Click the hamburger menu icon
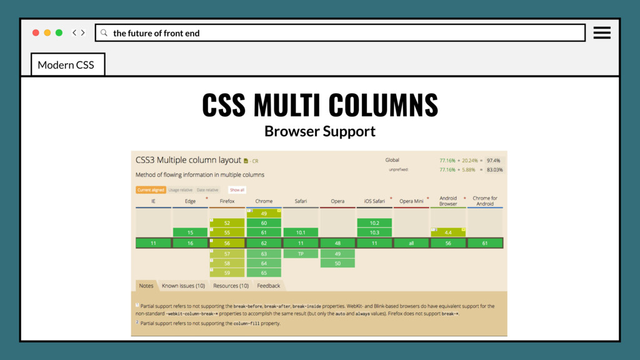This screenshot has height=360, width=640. [x=602, y=33]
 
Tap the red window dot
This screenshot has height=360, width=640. [x=36, y=32]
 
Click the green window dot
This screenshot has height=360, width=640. [x=59, y=32]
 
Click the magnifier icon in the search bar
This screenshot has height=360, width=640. [x=104, y=32]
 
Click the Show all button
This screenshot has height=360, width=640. [x=237, y=189]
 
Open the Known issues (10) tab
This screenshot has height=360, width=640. [x=183, y=286]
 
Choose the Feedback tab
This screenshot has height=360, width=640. [x=268, y=286]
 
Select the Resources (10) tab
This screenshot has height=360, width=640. [x=231, y=286]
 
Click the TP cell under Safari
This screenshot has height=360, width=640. [x=301, y=254]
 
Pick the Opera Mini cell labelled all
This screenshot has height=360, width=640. [x=411, y=243]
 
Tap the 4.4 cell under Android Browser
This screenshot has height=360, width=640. [x=448, y=232]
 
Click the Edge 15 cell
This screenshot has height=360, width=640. [x=191, y=232]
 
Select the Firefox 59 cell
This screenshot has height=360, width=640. [x=227, y=272]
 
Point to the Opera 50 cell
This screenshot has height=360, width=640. [x=337, y=263]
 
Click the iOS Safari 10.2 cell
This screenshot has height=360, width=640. [x=374, y=222]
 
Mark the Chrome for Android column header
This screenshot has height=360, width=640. [x=485, y=201]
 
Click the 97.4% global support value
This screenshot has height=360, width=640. [x=494, y=160]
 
